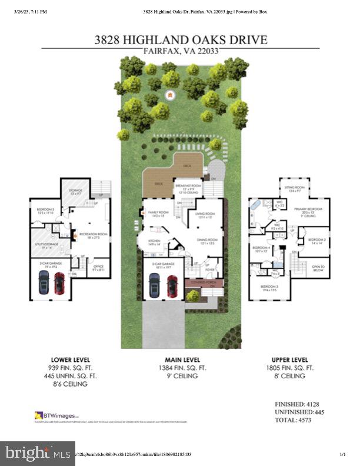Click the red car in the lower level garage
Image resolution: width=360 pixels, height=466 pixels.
59,283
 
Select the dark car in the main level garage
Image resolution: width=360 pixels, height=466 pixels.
154,285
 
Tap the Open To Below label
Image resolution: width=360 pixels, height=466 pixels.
318,268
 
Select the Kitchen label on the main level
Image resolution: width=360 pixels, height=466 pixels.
155,242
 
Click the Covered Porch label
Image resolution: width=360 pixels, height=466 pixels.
198,283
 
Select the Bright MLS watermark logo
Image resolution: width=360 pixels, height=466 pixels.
37,454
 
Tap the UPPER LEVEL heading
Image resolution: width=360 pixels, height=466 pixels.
289,359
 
